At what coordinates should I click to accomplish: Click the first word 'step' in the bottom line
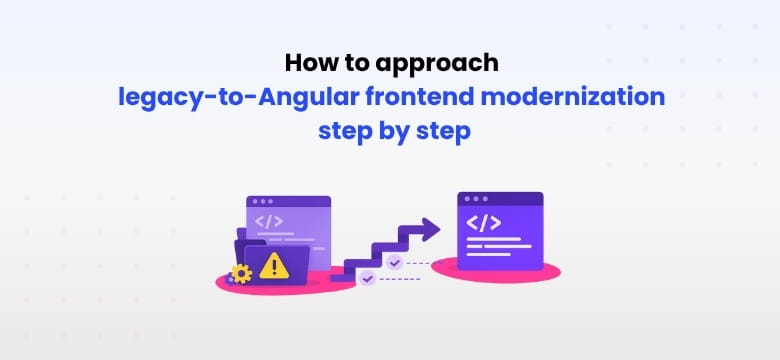click(345, 131)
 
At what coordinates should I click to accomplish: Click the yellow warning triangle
click(273, 265)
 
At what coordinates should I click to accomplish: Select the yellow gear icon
click(240, 273)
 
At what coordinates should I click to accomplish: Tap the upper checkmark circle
click(394, 263)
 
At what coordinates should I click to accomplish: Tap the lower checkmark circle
click(368, 279)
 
